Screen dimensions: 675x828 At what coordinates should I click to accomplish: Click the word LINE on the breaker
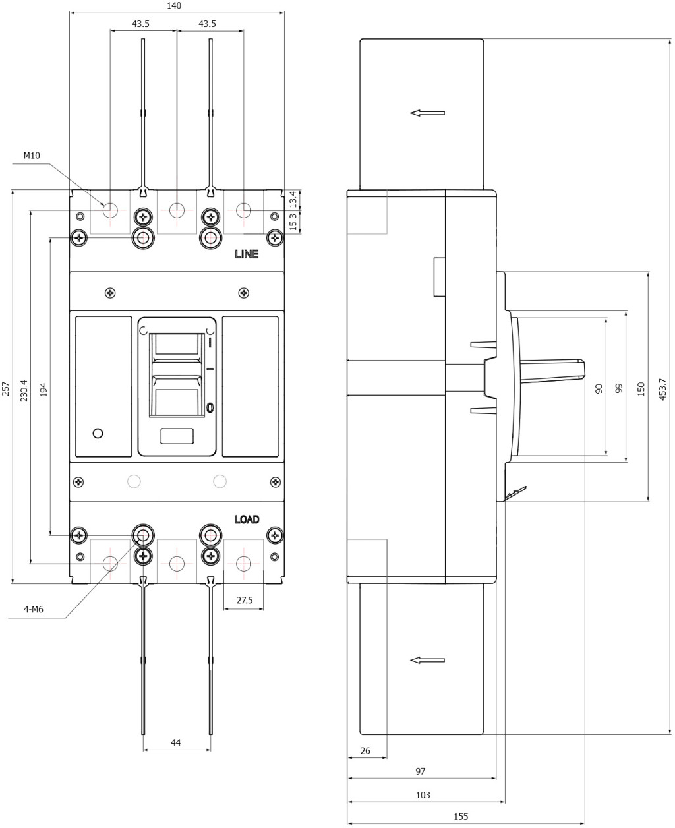coord(247,254)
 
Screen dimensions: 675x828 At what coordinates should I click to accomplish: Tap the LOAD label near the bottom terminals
coord(247,519)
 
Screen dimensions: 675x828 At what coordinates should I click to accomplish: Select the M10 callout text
coord(32,156)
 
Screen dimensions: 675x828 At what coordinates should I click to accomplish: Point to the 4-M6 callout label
coord(34,609)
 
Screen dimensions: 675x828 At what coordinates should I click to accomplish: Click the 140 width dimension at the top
coord(174,5)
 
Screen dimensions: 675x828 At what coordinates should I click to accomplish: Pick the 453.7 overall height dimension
coord(662,390)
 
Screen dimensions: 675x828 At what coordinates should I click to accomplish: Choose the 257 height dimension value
coord(5,389)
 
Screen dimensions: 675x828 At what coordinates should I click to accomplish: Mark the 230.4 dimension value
coord(24,391)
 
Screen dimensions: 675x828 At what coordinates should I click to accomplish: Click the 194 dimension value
coord(44,390)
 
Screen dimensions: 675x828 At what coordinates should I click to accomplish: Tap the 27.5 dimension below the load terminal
coord(245,600)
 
